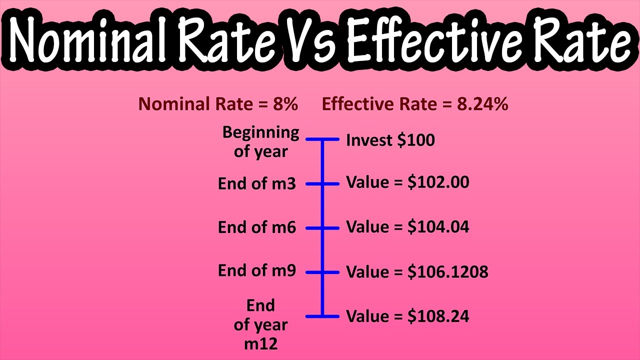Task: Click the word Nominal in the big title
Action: [x=90, y=41]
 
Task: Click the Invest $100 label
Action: [x=390, y=140]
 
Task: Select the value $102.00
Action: [x=438, y=182]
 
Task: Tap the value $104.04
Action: [x=438, y=227]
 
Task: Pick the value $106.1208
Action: [x=447, y=272]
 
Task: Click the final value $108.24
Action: [x=438, y=316]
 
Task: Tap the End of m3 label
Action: [x=257, y=183]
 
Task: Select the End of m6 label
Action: [x=257, y=227]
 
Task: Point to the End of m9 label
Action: [x=257, y=270]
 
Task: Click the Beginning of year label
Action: [x=261, y=142]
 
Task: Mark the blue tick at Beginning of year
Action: [x=322, y=139]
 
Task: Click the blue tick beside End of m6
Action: [x=322, y=228]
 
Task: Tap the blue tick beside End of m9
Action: [x=322, y=272]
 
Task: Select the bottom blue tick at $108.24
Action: [x=322, y=316]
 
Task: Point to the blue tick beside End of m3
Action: [x=322, y=183]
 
